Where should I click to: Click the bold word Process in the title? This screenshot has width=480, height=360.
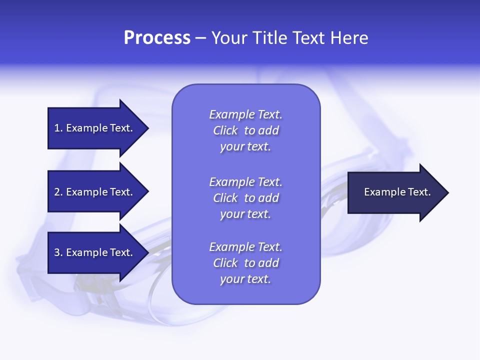[x=157, y=38]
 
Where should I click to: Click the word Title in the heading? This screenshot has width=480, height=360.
[x=268, y=38]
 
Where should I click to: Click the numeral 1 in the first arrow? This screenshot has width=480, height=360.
[x=57, y=128]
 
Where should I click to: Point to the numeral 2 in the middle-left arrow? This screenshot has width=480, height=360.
[x=57, y=192]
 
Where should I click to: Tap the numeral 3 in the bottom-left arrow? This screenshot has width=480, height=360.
[x=57, y=252]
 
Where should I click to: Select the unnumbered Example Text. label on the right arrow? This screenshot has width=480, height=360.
[x=397, y=192]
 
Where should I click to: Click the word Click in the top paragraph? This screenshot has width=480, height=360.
[x=225, y=131]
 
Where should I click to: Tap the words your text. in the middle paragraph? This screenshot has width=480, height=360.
[x=245, y=214]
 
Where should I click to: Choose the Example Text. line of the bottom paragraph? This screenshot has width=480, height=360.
[x=245, y=247]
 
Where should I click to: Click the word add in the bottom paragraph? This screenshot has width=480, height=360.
[x=269, y=263]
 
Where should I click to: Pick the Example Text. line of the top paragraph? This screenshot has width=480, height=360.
[x=245, y=114]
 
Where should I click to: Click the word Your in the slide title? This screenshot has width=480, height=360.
[x=228, y=38]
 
